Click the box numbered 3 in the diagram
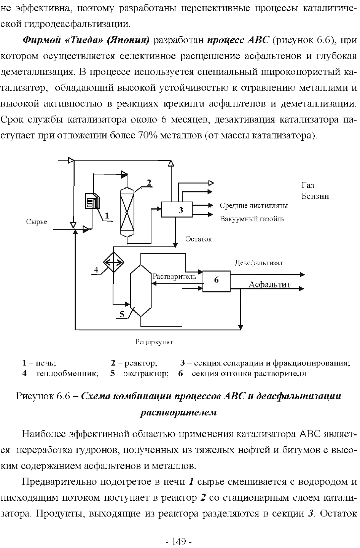click(177, 210)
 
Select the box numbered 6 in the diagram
click(217, 281)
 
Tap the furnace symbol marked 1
click(92, 201)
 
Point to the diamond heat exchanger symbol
click(113, 262)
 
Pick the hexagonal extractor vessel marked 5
click(141, 291)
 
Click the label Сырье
click(37, 222)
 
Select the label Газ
click(307, 186)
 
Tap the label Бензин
click(315, 196)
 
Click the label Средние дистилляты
click(253, 205)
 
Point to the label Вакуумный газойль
click(252, 219)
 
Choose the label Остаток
click(198, 239)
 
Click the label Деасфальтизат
click(259, 263)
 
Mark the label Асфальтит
click(269, 284)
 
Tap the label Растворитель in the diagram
click(174, 276)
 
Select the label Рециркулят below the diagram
click(154, 342)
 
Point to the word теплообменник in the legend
click(67, 373)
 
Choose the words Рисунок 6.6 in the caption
click(43, 396)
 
